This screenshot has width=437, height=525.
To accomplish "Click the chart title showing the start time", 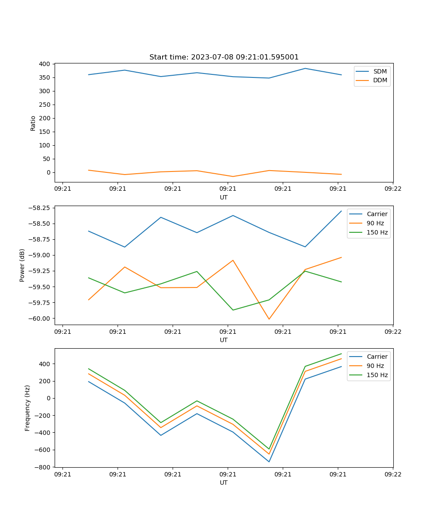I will (224, 57).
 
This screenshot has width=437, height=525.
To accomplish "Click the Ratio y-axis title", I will (33, 122).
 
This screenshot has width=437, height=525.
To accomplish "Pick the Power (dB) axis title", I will (22, 265).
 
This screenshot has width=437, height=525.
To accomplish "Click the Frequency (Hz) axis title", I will (28, 408).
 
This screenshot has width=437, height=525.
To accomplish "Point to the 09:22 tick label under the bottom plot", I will (393, 474).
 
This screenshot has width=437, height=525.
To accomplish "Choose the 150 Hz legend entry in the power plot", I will (377, 232).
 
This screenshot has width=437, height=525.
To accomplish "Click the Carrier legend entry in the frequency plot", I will (377, 357).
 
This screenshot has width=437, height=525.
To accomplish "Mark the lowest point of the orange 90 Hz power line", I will (269, 319).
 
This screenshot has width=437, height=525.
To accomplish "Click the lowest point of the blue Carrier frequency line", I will (269, 462).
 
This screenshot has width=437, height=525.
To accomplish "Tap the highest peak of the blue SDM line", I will (305, 68).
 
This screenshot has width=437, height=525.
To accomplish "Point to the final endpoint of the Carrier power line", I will (341, 211).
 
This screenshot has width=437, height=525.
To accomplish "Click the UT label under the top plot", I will (224, 197).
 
